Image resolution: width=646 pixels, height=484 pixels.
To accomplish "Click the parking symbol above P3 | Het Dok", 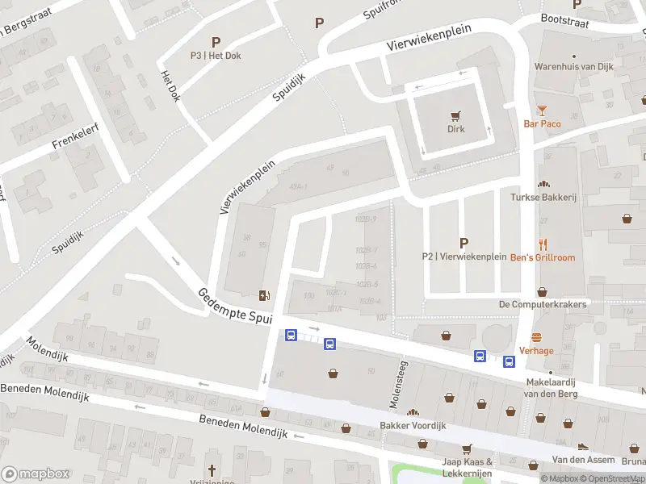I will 216,41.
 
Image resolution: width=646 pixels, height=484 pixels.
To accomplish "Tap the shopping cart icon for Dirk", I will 457,115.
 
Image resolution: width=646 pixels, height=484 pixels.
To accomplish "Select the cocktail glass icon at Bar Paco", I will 542,111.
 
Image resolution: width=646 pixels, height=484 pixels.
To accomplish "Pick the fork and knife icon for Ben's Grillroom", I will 543,244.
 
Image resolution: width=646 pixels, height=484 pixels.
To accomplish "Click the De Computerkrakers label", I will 542,304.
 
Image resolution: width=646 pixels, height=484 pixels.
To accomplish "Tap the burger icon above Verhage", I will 536,337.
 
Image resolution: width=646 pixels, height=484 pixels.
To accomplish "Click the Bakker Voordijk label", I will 413,425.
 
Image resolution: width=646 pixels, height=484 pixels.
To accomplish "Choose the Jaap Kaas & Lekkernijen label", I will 467,466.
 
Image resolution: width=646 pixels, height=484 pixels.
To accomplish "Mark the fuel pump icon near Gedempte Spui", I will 264,295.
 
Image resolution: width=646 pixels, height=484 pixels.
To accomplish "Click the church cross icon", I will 212,469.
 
